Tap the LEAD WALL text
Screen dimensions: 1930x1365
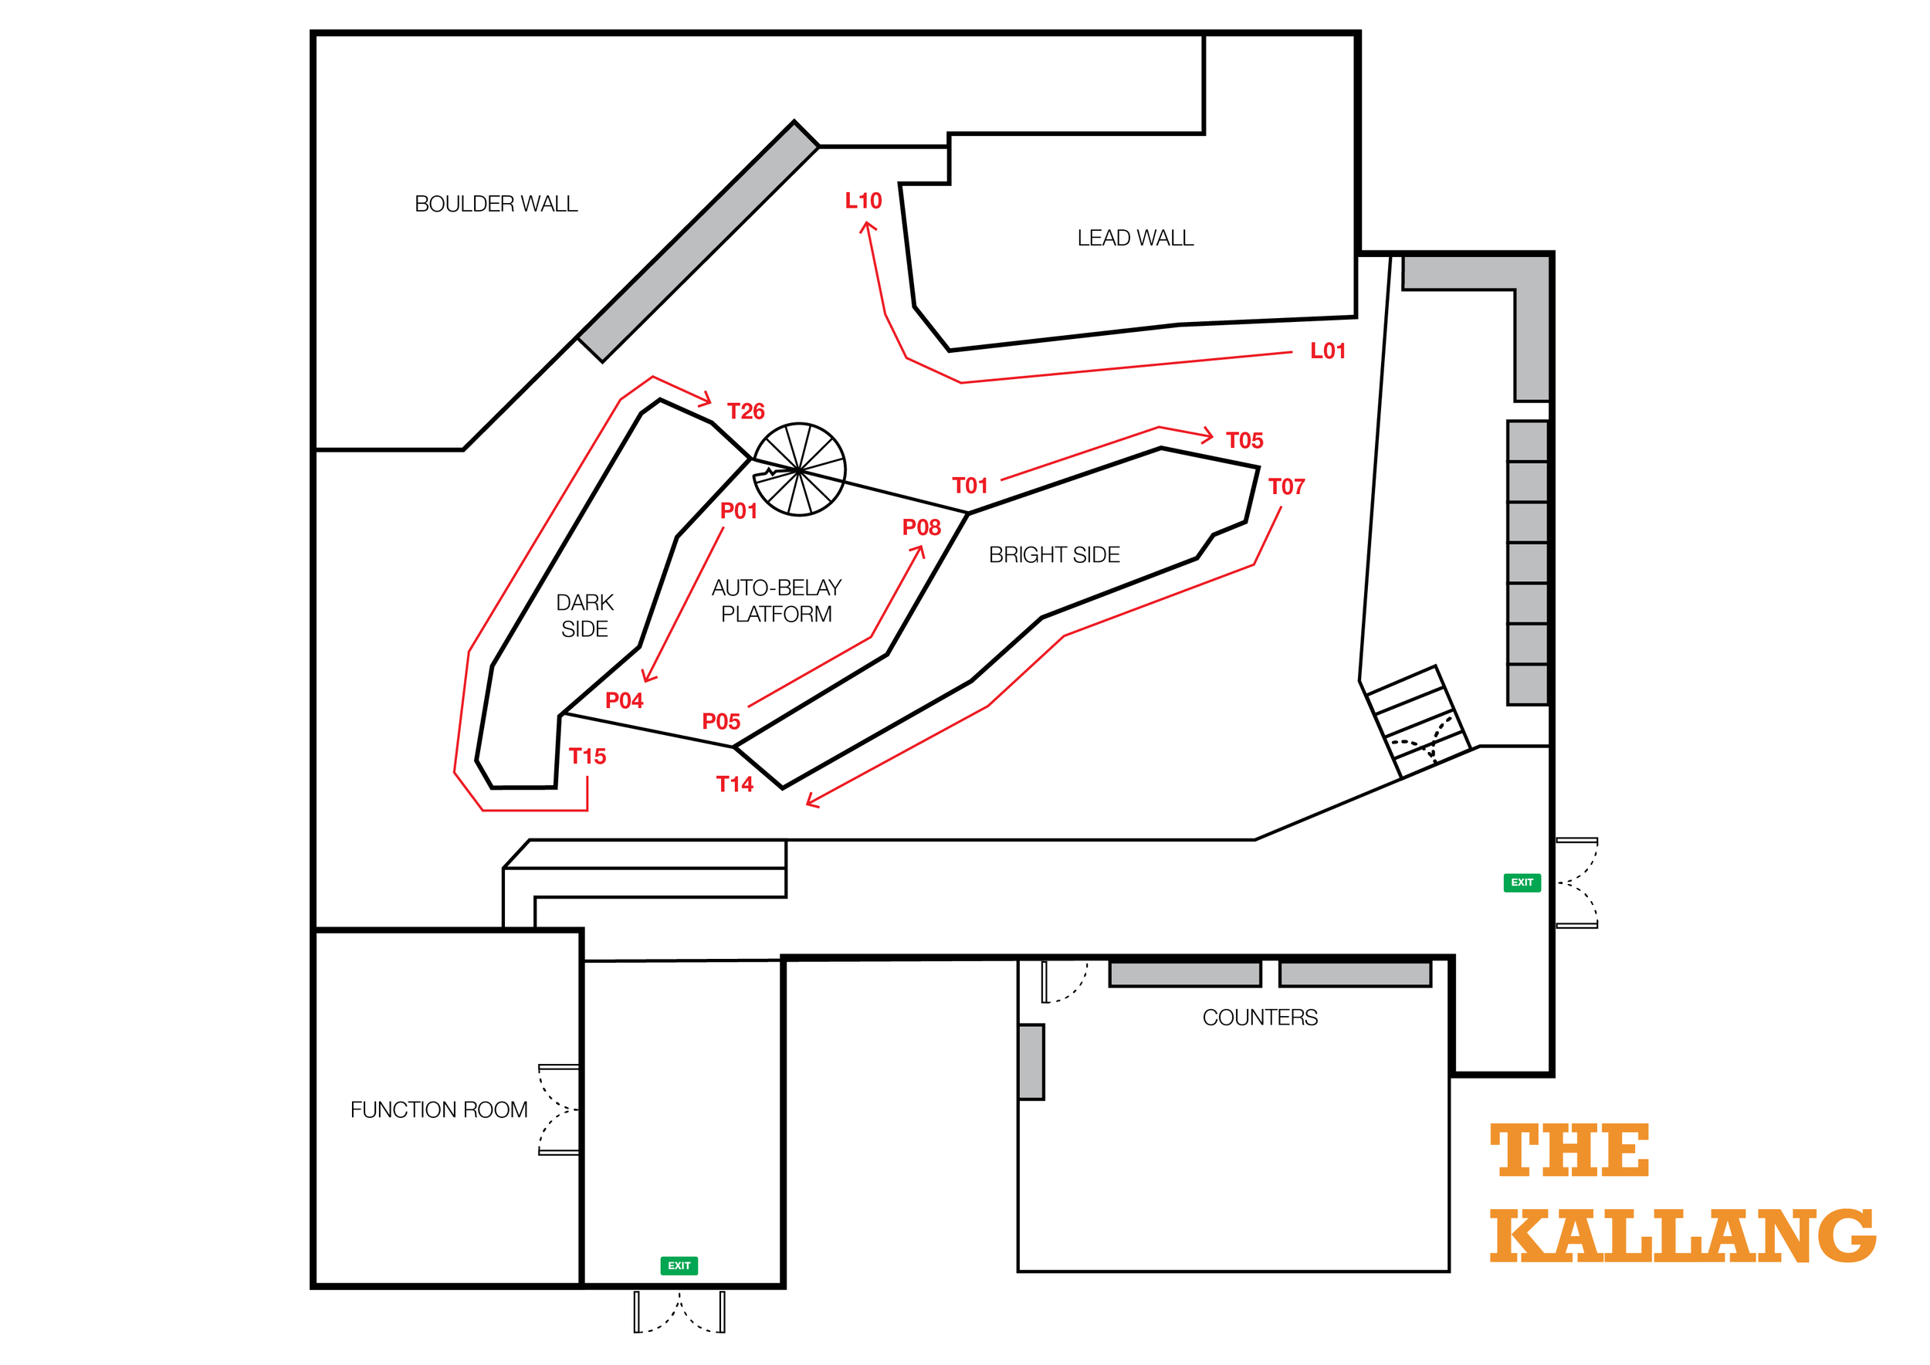point(1135,238)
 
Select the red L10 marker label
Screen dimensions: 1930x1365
point(863,201)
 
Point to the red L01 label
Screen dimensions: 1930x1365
point(1328,351)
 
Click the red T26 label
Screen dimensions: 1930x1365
point(746,411)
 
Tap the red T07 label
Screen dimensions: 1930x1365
point(1286,486)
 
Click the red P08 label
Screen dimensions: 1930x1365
point(921,528)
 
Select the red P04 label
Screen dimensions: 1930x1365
point(624,701)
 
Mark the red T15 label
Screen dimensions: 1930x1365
point(587,757)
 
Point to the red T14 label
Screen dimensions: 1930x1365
point(734,784)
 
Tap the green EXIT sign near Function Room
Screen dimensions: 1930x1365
point(679,1266)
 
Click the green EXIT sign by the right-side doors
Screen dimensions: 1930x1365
point(1522,882)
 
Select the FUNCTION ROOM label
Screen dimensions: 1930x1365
point(438,1110)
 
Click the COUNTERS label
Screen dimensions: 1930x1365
point(1260,1018)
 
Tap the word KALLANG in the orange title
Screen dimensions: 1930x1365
point(1683,1235)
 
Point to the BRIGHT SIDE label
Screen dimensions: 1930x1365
point(1054,555)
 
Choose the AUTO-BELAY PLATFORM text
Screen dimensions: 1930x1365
point(776,601)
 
